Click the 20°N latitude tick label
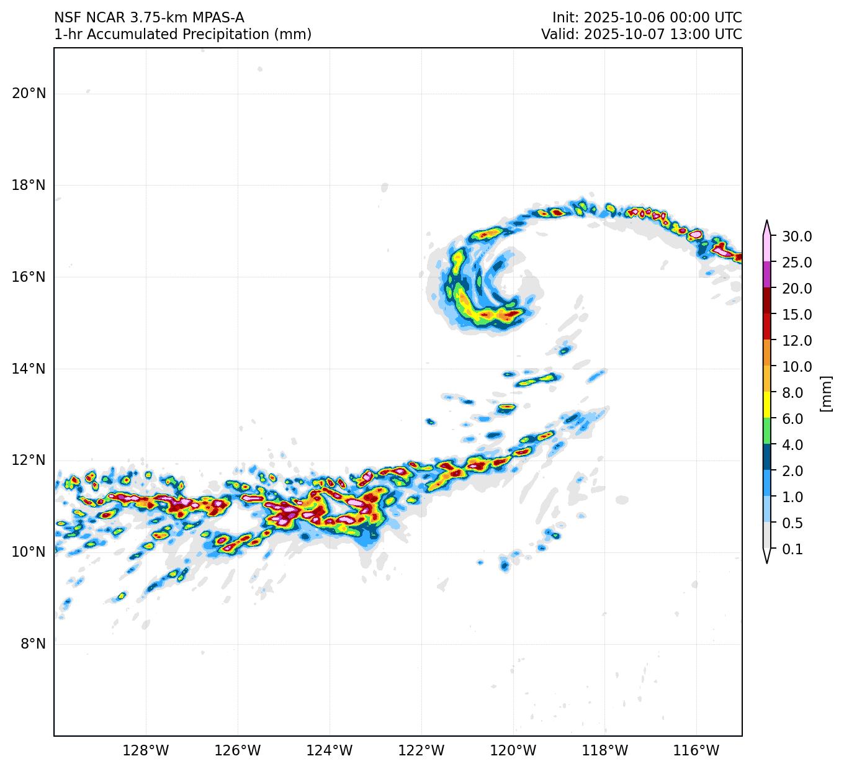29,94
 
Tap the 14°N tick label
29,369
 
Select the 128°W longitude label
146,751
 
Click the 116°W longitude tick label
697,751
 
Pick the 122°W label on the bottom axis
421,751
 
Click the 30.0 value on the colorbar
797,236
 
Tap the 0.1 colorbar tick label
792,549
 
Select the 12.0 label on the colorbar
797,341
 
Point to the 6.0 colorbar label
792,419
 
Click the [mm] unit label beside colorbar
825,393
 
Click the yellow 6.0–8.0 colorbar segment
767,405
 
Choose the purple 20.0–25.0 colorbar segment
767,274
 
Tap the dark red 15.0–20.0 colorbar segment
767,301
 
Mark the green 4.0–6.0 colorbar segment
767,431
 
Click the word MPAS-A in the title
217,17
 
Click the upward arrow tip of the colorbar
767,221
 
